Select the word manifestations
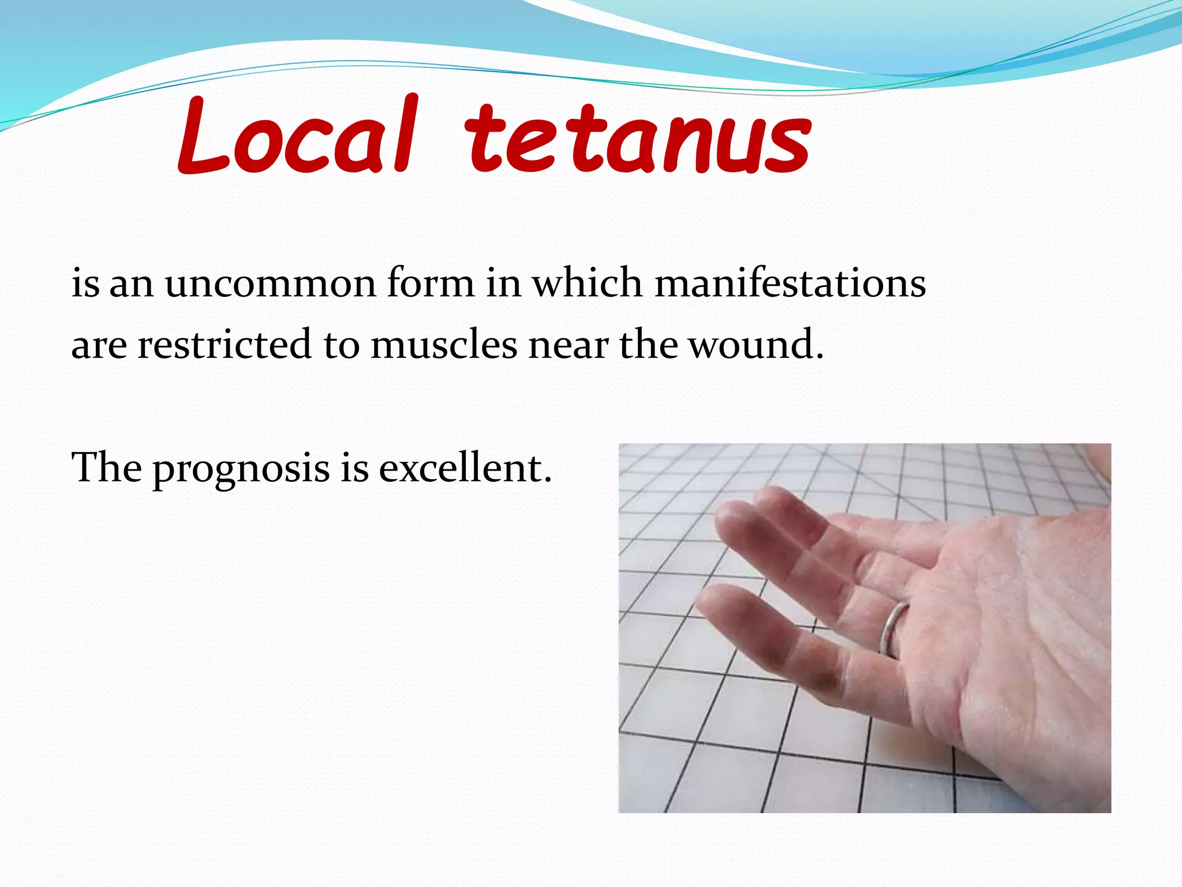pos(790,284)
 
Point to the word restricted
pos(225,345)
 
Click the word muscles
pos(444,345)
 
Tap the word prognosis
pos(241,469)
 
